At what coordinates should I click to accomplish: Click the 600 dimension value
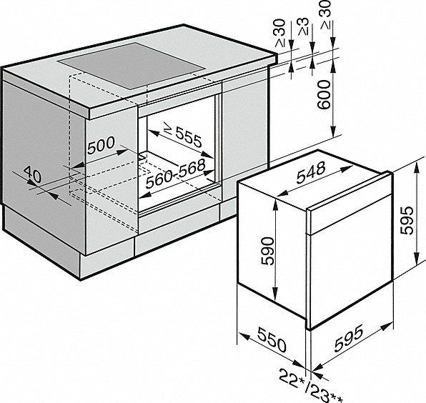click(x=325, y=94)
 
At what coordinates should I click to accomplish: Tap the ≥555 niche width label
click(x=184, y=136)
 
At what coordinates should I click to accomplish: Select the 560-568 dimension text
click(x=175, y=174)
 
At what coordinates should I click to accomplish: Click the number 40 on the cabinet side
click(x=33, y=174)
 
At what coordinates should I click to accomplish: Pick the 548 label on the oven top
click(x=311, y=172)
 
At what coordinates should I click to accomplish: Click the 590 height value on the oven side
click(x=267, y=251)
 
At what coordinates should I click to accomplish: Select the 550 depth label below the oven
click(x=272, y=339)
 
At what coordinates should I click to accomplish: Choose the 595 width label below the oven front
click(x=349, y=337)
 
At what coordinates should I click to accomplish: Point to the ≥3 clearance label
click(x=303, y=26)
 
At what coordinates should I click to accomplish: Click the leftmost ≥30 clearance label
click(x=280, y=33)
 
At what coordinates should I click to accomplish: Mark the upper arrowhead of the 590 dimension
click(x=275, y=204)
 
